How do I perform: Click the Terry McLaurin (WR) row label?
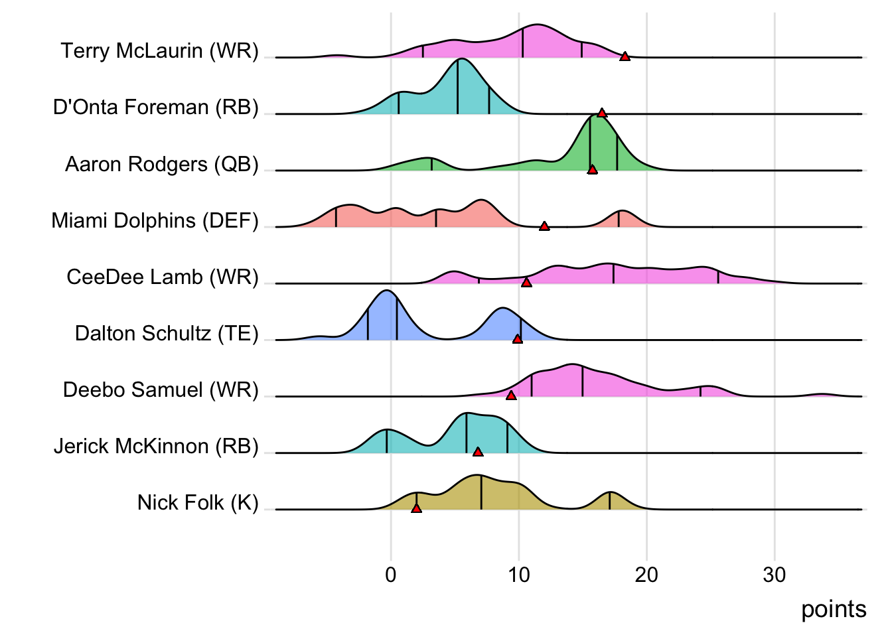coord(159,51)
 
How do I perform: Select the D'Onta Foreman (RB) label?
coord(155,107)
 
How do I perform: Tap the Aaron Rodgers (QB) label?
coord(161,164)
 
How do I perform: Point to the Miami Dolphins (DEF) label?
coord(155,220)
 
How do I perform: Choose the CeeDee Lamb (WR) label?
coord(162,277)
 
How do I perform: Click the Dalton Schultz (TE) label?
coord(166,333)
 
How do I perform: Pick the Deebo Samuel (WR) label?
coord(161,389)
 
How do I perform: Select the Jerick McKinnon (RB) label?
coord(156,446)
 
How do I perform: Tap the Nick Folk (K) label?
coord(198,502)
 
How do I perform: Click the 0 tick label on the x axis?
coord(391,575)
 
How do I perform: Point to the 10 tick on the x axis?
coord(519,575)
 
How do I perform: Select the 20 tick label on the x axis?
coord(646,575)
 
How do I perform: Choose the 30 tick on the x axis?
coord(775,575)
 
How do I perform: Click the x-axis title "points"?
coord(834,609)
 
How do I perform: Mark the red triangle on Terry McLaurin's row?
coord(625,56)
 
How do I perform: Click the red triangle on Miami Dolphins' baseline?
coord(544,226)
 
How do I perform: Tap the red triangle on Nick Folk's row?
coord(416,508)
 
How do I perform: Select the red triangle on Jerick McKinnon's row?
coord(478,452)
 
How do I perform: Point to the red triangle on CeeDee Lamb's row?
coord(526,283)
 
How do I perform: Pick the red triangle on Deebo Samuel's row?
coord(511,395)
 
